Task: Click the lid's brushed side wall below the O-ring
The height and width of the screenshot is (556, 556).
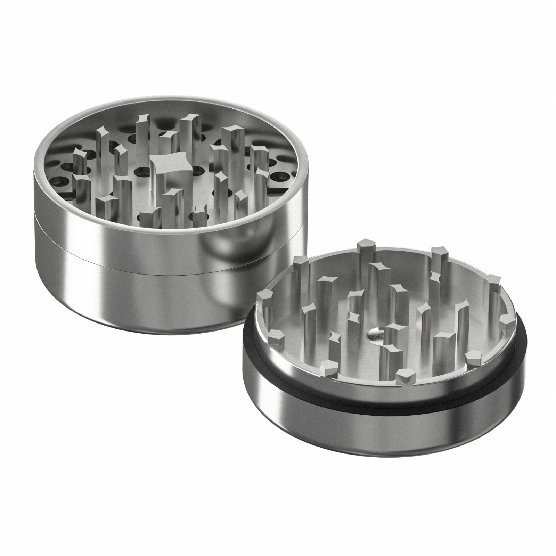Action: coord(347,424)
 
